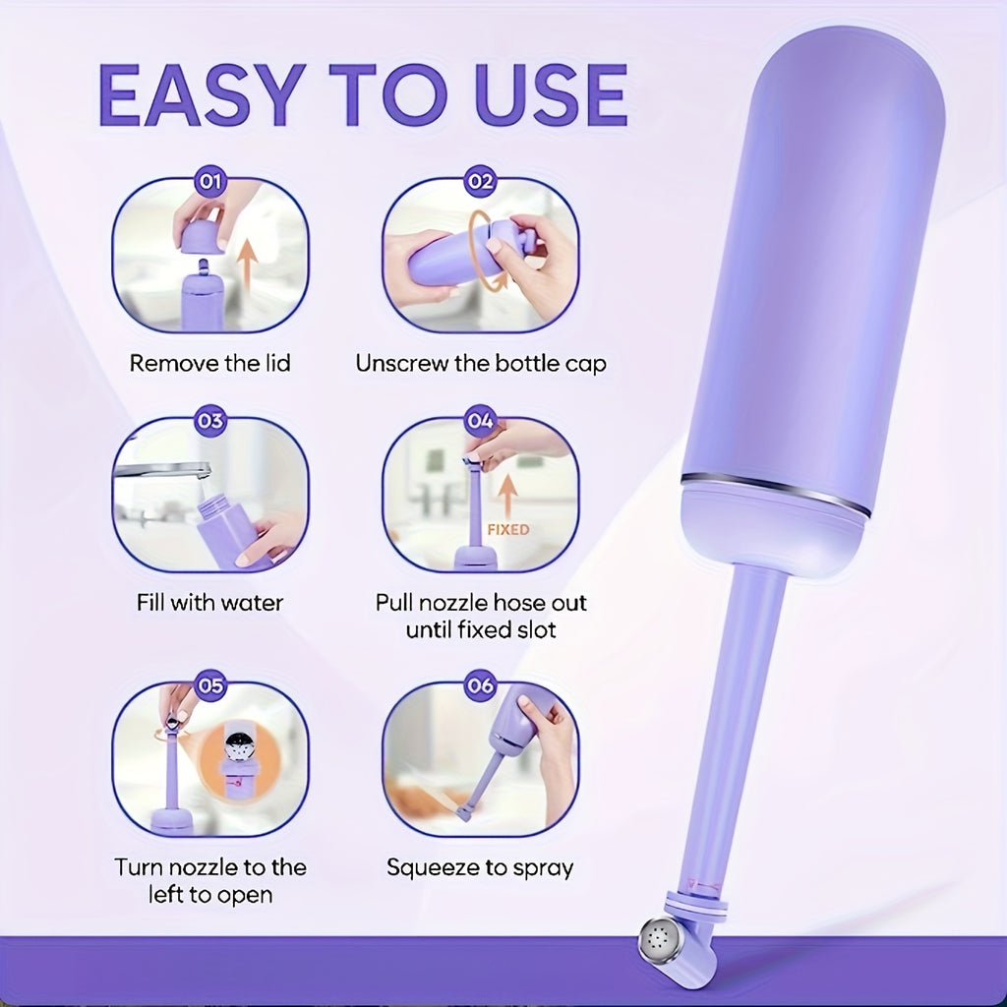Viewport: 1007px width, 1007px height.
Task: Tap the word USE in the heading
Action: (551, 95)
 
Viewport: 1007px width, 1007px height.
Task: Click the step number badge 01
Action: (210, 182)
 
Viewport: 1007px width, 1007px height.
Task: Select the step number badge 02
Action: (480, 182)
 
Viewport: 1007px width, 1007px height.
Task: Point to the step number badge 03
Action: (210, 421)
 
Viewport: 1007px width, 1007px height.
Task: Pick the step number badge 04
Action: (480, 421)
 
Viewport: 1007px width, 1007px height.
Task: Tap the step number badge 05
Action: (210, 685)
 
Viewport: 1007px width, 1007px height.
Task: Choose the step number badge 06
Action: (480, 685)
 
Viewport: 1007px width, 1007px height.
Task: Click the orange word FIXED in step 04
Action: (508, 530)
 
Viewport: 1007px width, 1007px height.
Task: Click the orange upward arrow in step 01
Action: (247, 267)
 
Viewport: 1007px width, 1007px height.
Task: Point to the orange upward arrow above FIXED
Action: (508, 495)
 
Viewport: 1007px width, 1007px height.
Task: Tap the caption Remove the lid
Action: (210, 364)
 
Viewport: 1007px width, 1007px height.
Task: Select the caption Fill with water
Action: (210, 603)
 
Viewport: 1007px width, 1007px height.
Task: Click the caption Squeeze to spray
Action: (480, 868)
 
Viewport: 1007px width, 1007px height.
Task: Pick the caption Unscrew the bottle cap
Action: (481, 364)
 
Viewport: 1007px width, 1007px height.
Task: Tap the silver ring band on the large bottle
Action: (776, 494)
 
